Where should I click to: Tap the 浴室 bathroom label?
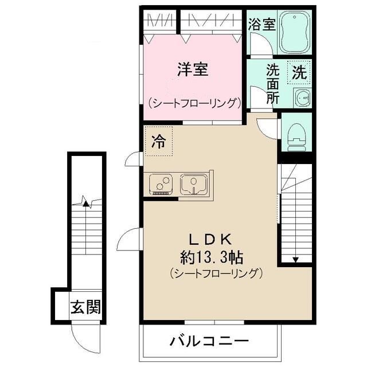262,25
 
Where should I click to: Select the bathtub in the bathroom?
294,33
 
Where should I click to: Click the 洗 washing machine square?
299,72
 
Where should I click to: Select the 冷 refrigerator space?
158,142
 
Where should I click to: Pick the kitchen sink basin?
194,184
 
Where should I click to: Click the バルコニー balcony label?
209,342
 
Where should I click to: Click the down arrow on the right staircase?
295,258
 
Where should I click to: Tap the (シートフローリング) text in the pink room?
193,103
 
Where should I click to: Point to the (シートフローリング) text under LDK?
216,272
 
